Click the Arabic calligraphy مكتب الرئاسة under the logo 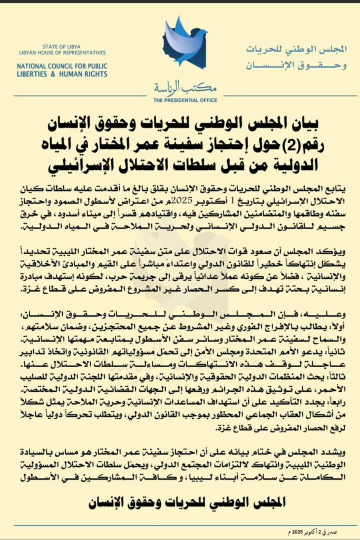(x=180, y=88)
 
